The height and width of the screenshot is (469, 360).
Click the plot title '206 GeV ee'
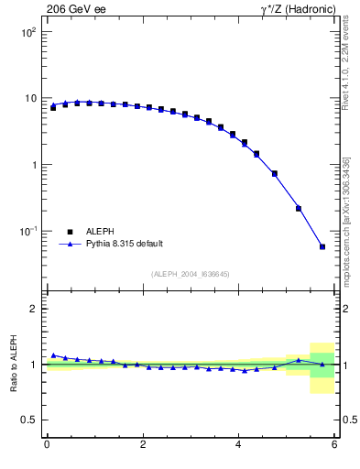pyautogui.click(x=75, y=9)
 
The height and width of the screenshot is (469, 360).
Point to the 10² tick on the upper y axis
pyautogui.click(x=28, y=32)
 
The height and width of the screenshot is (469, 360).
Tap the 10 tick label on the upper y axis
pyautogui.click(x=30, y=98)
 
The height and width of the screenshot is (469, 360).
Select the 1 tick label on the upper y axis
pyautogui.click(x=34, y=165)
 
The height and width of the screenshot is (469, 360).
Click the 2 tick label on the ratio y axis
pyautogui.click(x=34, y=309)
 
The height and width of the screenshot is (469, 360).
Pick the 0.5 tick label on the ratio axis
pyautogui.click(x=29, y=420)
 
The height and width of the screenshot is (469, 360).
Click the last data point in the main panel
pyautogui.click(x=322, y=246)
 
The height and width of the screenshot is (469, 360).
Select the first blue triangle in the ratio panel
pyautogui.click(x=53, y=354)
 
